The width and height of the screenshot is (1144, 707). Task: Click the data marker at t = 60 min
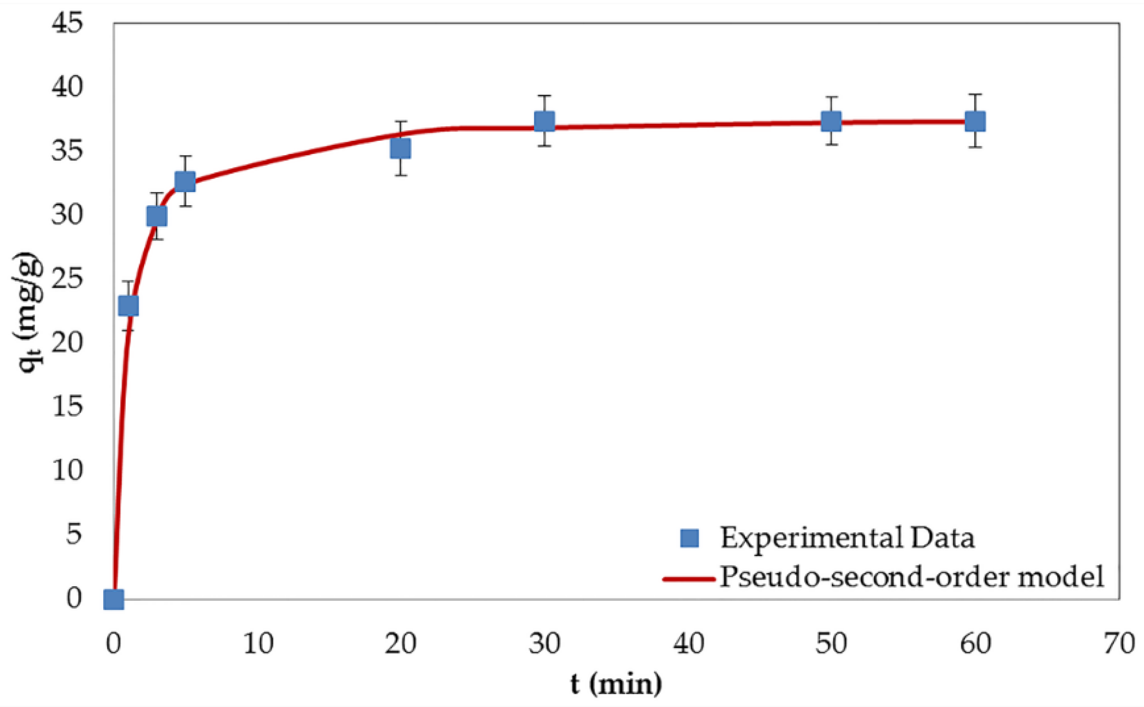(x=975, y=121)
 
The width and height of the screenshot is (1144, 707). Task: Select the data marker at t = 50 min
(x=831, y=122)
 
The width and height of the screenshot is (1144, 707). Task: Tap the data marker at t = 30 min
(x=544, y=122)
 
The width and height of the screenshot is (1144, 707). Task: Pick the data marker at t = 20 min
(x=400, y=148)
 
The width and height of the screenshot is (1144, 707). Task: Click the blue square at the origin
(x=114, y=599)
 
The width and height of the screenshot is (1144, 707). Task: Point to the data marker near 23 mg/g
(x=128, y=306)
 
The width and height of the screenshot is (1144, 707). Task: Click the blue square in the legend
(x=689, y=538)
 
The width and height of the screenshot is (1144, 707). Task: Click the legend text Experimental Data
(x=847, y=538)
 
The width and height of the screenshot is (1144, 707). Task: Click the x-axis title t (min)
(x=616, y=684)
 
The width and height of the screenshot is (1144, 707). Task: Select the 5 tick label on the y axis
(x=74, y=534)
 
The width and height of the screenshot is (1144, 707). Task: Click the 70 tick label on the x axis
(x=1119, y=644)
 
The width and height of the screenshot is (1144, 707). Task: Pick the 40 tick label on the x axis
(x=689, y=644)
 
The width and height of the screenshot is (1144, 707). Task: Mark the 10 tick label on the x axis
(x=258, y=644)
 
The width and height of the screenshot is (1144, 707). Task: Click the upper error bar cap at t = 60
(x=975, y=94)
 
